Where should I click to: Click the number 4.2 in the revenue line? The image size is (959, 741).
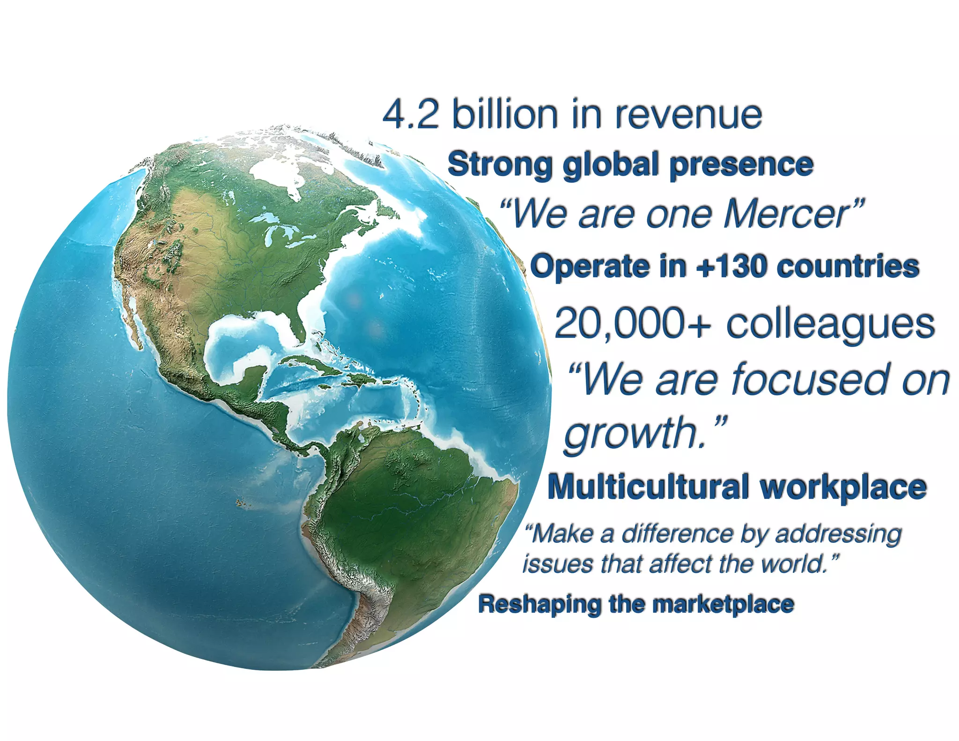411,115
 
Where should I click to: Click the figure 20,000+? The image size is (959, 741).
632,323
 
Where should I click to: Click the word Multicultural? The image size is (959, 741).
649,487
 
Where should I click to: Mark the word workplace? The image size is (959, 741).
843,488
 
